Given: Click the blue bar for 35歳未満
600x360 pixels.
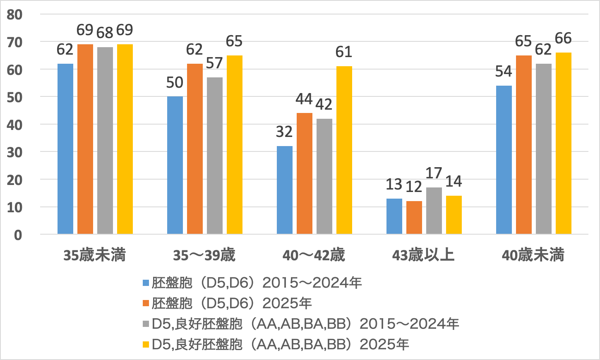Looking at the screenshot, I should (65, 149).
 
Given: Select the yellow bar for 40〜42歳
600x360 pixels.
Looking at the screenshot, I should (344, 150).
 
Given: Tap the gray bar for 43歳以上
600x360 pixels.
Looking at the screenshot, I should (434, 211).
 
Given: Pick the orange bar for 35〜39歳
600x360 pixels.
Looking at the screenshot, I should (195, 149).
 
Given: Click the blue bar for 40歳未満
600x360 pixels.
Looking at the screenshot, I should (504, 160).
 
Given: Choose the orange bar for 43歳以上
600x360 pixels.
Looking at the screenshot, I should (414, 218).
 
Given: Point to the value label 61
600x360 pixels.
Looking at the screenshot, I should (344, 52).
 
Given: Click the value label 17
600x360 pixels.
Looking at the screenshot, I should (434, 173).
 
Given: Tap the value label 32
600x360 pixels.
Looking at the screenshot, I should (284, 132).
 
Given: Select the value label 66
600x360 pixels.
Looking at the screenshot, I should (563, 38).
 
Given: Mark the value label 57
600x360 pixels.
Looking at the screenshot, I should (214, 63).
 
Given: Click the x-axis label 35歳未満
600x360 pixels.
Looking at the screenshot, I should (94, 255).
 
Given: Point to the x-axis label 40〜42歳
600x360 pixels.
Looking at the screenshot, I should (314, 255).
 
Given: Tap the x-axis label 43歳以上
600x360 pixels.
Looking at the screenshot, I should (423, 255).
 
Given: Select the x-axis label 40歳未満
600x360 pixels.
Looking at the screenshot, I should (533, 255).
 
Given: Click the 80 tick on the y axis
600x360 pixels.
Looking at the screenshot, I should (15, 15).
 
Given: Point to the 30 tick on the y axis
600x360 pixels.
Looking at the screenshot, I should (15, 152).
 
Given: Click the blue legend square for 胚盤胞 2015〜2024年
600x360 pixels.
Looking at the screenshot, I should (146, 283).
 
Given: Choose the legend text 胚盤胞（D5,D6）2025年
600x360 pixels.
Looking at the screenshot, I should (232, 303).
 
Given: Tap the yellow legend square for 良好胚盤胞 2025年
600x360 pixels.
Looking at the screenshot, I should (146, 344).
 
